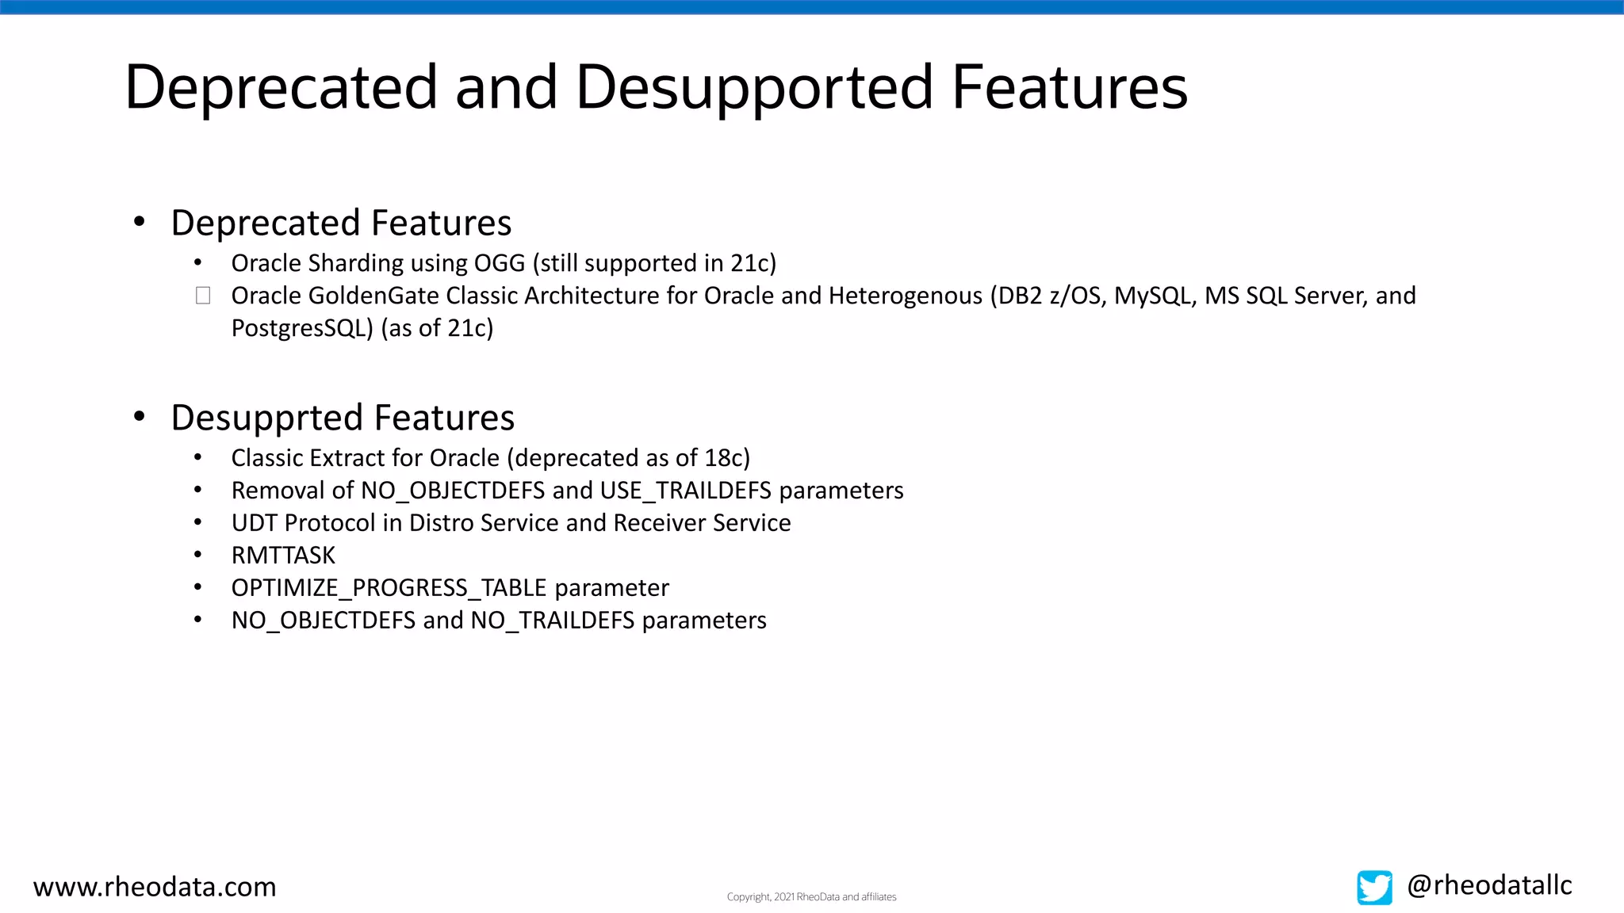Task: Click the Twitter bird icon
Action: (x=1374, y=888)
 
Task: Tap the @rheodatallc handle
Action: (x=1489, y=885)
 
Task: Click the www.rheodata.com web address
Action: (x=155, y=887)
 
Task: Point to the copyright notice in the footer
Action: (x=811, y=897)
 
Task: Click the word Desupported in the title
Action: (x=754, y=87)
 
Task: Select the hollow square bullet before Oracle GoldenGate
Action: (x=203, y=296)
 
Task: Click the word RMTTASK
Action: (x=283, y=556)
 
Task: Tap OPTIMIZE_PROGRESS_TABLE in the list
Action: (x=389, y=588)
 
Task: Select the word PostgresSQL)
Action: (x=302, y=328)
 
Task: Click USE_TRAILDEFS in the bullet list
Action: (x=685, y=491)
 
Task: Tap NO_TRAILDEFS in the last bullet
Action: (x=552, y=621)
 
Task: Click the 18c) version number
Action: (x=727, y=458)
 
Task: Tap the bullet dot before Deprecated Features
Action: (x=140, y=222)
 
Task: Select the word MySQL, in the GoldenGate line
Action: (x=1155, y=296)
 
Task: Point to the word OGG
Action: (x=500, y=263)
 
